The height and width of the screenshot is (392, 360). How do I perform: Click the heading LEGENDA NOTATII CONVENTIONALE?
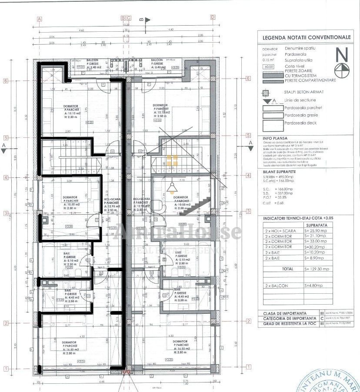coord(306,37)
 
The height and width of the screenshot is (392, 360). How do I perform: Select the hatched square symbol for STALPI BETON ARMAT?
coord(265,92)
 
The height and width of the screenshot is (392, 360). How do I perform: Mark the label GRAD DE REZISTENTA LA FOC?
coord(288,324)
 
